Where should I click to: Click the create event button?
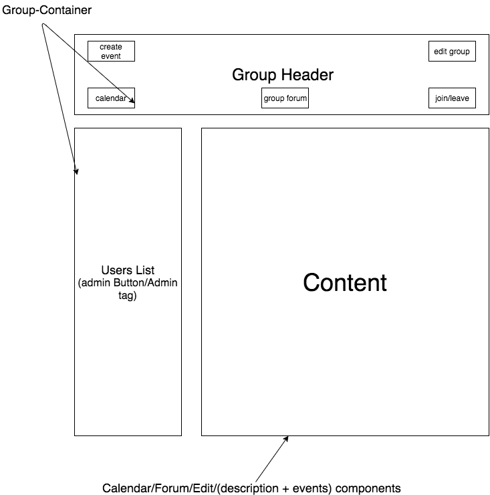click(x=111, y=52)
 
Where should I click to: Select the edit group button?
click(x=452, y=52)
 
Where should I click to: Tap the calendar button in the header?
click(x=111, y=98)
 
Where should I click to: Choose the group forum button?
click(x=285, y=98)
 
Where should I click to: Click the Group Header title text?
click(x=282, y=75)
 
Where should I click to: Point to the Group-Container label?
click(x=46, y=11)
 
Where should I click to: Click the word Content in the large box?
click(x=344, y=282)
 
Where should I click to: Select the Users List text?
click(x=128, y=270)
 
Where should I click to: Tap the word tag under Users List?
click(x=128, y=295)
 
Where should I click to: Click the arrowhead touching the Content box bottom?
click(x=286, y=439)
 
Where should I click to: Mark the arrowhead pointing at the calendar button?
click(x=132, y=102)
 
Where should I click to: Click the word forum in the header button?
click(x=296, y=98)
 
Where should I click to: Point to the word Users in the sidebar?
click(x=115, y=270)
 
